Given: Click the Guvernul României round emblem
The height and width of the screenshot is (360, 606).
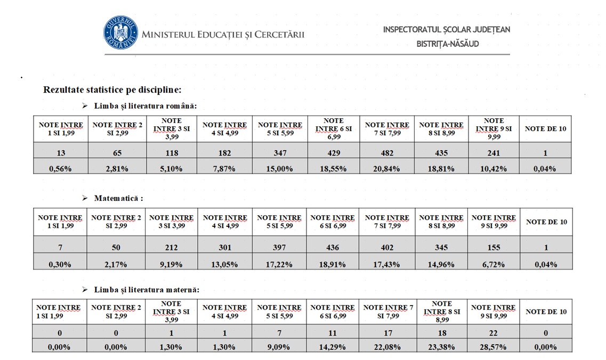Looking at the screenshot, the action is coord(120,33).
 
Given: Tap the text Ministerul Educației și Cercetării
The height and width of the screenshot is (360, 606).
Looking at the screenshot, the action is coord(223,35).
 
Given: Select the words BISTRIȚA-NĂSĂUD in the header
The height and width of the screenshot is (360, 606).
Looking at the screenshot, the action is coord(448,44).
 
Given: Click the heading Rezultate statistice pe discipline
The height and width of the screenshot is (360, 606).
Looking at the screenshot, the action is coord(112,89).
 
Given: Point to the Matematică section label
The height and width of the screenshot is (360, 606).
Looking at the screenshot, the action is coord(118,198).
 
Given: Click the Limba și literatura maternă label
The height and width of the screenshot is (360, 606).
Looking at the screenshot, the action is coord(147,290).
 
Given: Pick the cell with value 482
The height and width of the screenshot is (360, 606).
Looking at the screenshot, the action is coord(387,153).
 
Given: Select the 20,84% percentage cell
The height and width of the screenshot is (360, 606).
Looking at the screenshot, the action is coord(387,169).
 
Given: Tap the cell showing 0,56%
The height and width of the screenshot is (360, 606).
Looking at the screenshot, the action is coord(61,169).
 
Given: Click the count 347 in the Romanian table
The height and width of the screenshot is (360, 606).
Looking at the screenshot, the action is coord(280,153).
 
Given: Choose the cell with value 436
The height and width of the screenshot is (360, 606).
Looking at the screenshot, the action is coord(333,247).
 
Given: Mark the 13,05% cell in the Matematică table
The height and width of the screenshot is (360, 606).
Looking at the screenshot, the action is coord(225,265).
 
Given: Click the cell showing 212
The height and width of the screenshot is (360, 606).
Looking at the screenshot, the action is coord(171,247).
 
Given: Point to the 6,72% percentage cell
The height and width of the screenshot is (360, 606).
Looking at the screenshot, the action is coord(494,265).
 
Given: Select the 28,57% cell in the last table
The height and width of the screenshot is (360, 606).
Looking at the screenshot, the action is coord(493,347).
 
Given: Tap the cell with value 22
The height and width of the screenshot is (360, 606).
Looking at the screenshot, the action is coord(493,333).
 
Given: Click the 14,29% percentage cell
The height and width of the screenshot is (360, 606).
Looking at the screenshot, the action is coord(333,347).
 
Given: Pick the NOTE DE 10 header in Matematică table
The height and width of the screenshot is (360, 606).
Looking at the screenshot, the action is coord(546,222).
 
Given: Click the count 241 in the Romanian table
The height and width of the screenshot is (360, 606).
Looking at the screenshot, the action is coord(494,153).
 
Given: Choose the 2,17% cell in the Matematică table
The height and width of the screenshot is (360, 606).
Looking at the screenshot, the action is coord(116,265).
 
